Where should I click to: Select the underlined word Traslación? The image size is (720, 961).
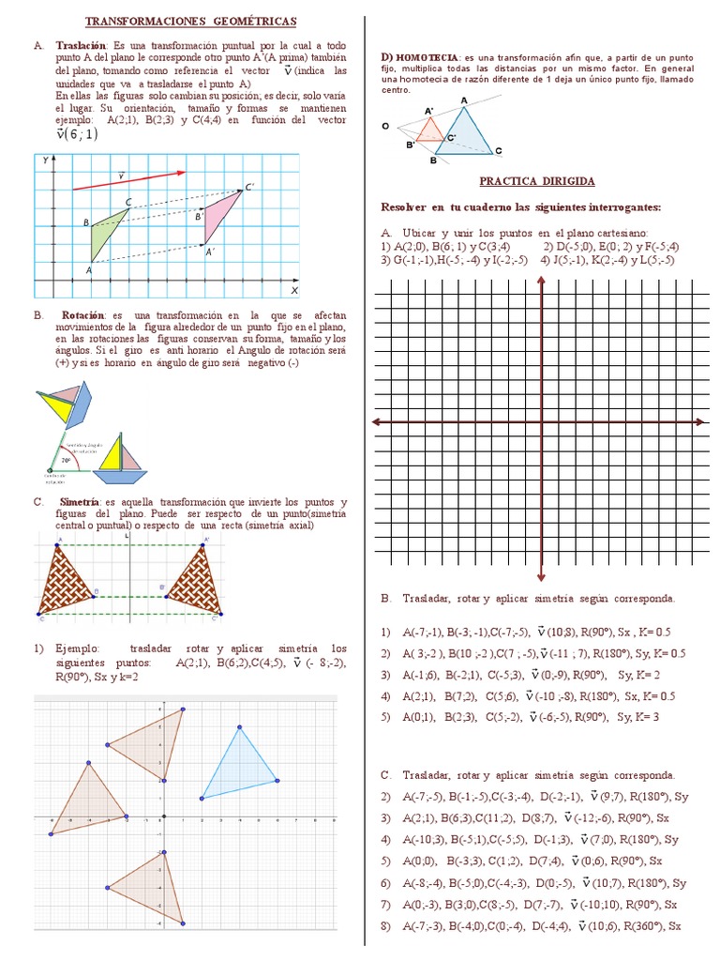pyautogui.click(x=82, y=45)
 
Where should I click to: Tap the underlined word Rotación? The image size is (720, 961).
pyautogui.click(x=85, y=315)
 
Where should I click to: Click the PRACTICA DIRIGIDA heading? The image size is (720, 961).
pyautogui.click(x=537, y=180)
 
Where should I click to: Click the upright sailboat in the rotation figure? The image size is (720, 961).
pyautogui.click(x=121, y=455)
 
